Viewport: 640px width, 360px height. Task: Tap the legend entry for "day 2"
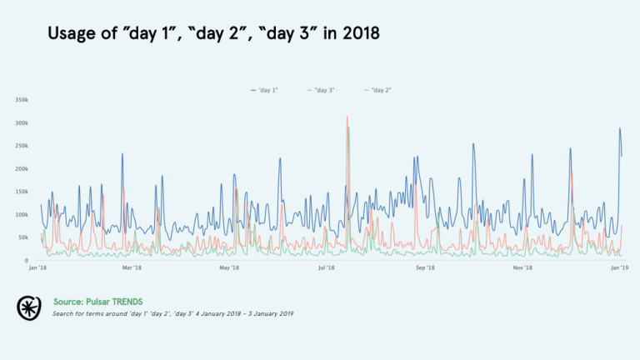click(379, 89)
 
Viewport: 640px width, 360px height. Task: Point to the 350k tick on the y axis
click(22, 100)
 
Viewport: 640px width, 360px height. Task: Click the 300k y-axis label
click(22, 122)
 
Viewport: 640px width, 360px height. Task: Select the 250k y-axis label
click(22, 146)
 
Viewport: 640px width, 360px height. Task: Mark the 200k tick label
click(22, 169)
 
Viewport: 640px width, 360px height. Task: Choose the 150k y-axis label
click(22, 192)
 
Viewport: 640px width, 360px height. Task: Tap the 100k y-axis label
click(22, 215)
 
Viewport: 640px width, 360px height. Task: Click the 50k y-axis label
click(23, 238)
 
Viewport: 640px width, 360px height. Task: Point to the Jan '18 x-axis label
click(37, 268)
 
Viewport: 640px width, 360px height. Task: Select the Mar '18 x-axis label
click(132, 268)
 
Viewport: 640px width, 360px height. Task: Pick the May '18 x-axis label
click(229, 268)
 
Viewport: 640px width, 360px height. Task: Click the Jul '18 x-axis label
click(327, 268)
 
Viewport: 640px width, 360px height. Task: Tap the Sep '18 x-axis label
click(425, 268)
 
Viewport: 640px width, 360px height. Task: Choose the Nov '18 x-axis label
click(522, 268)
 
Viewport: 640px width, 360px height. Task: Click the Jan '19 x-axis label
click(619, 268)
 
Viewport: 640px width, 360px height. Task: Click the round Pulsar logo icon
click(29, 307)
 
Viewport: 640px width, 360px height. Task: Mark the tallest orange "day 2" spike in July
click(347, 117)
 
